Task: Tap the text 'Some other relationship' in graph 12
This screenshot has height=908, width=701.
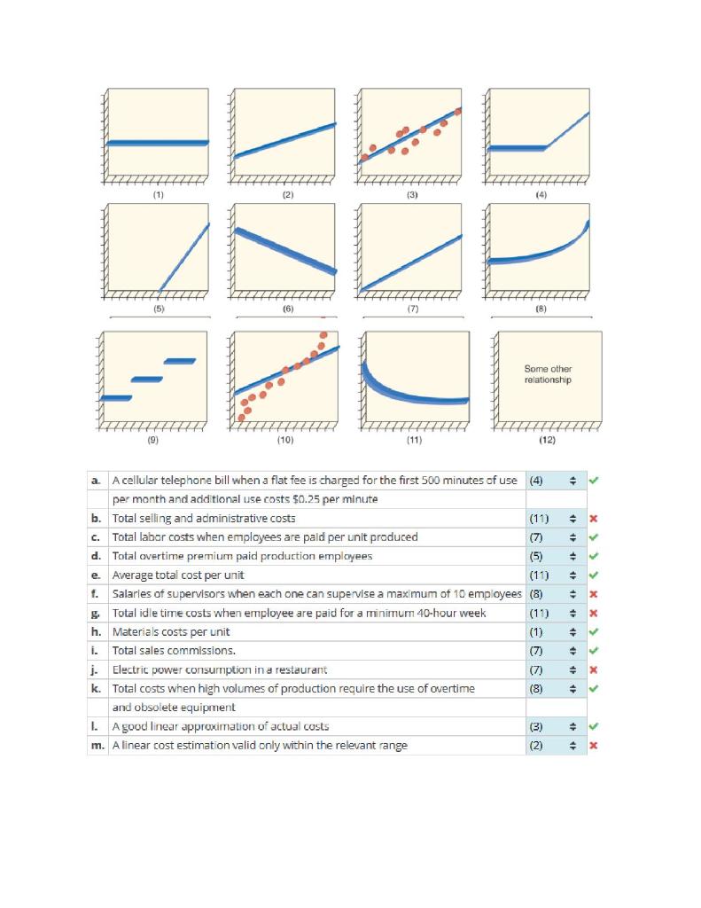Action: [x=548, y=374]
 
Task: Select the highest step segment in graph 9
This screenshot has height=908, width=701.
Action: [x=179, y=360]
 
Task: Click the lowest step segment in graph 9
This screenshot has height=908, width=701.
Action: [x=115, y=397]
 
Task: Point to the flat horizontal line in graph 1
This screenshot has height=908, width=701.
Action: [x=157, y=143]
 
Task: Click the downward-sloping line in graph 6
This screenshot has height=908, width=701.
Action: [x=285, y=249]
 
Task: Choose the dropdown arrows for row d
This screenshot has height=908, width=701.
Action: [x=572, y=556]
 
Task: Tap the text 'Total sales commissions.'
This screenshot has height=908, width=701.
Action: [x=167, y=650]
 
